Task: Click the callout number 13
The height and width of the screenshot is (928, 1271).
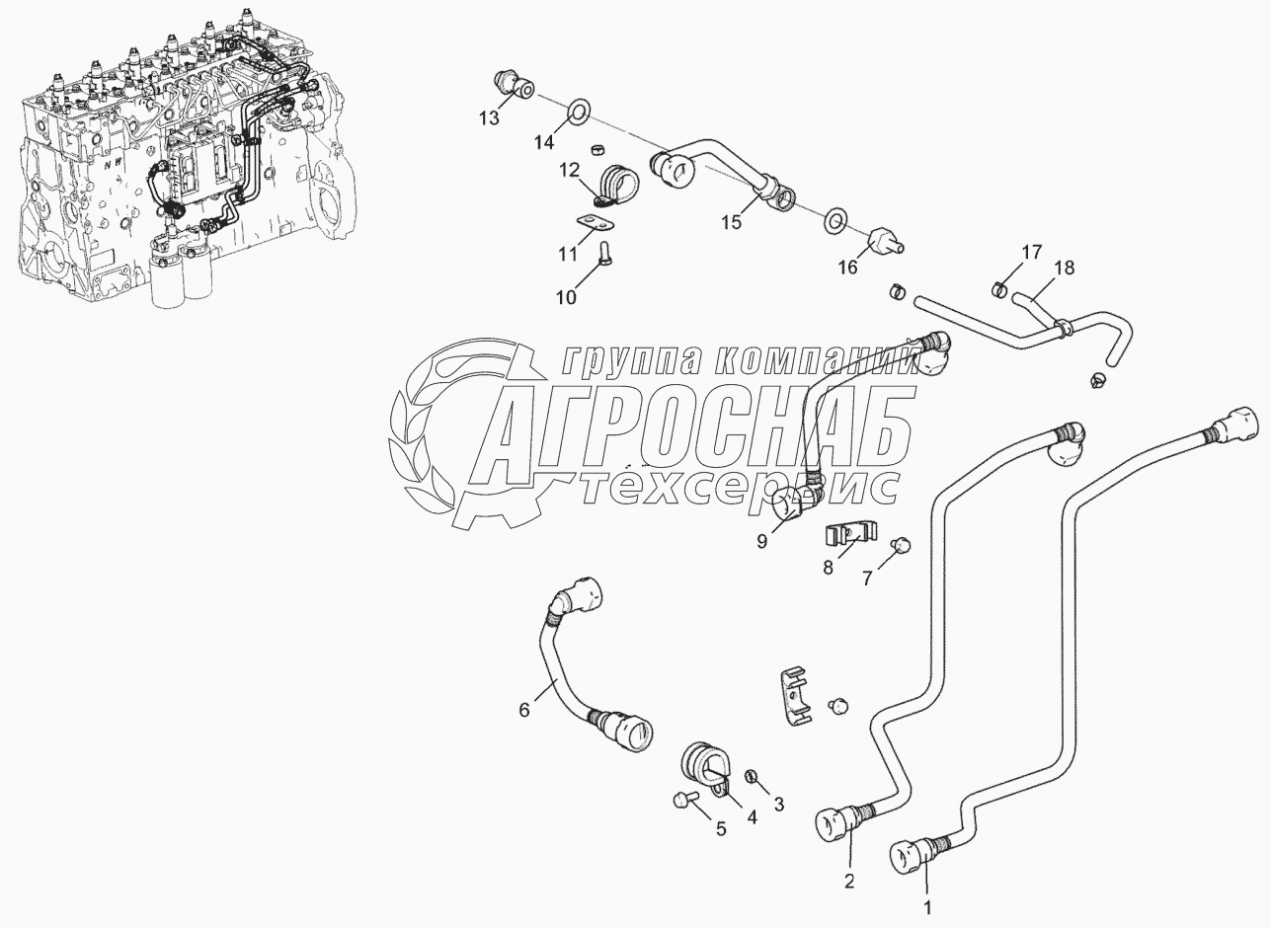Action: pyautogui.click(x=490, y=118)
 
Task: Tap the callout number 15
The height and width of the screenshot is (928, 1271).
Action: pyautogui.click(x=730, y=222)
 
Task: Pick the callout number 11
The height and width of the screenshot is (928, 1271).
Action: pyautogui.click(x=566, y=254)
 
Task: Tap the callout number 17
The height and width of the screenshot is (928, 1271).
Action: pyautogui.click(x=1031, y=252)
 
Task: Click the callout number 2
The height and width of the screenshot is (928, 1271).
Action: pyautogui.click(x=849, y=880)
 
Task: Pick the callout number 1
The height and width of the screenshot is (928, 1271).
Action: pyautogui.click(x=926, y=903)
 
